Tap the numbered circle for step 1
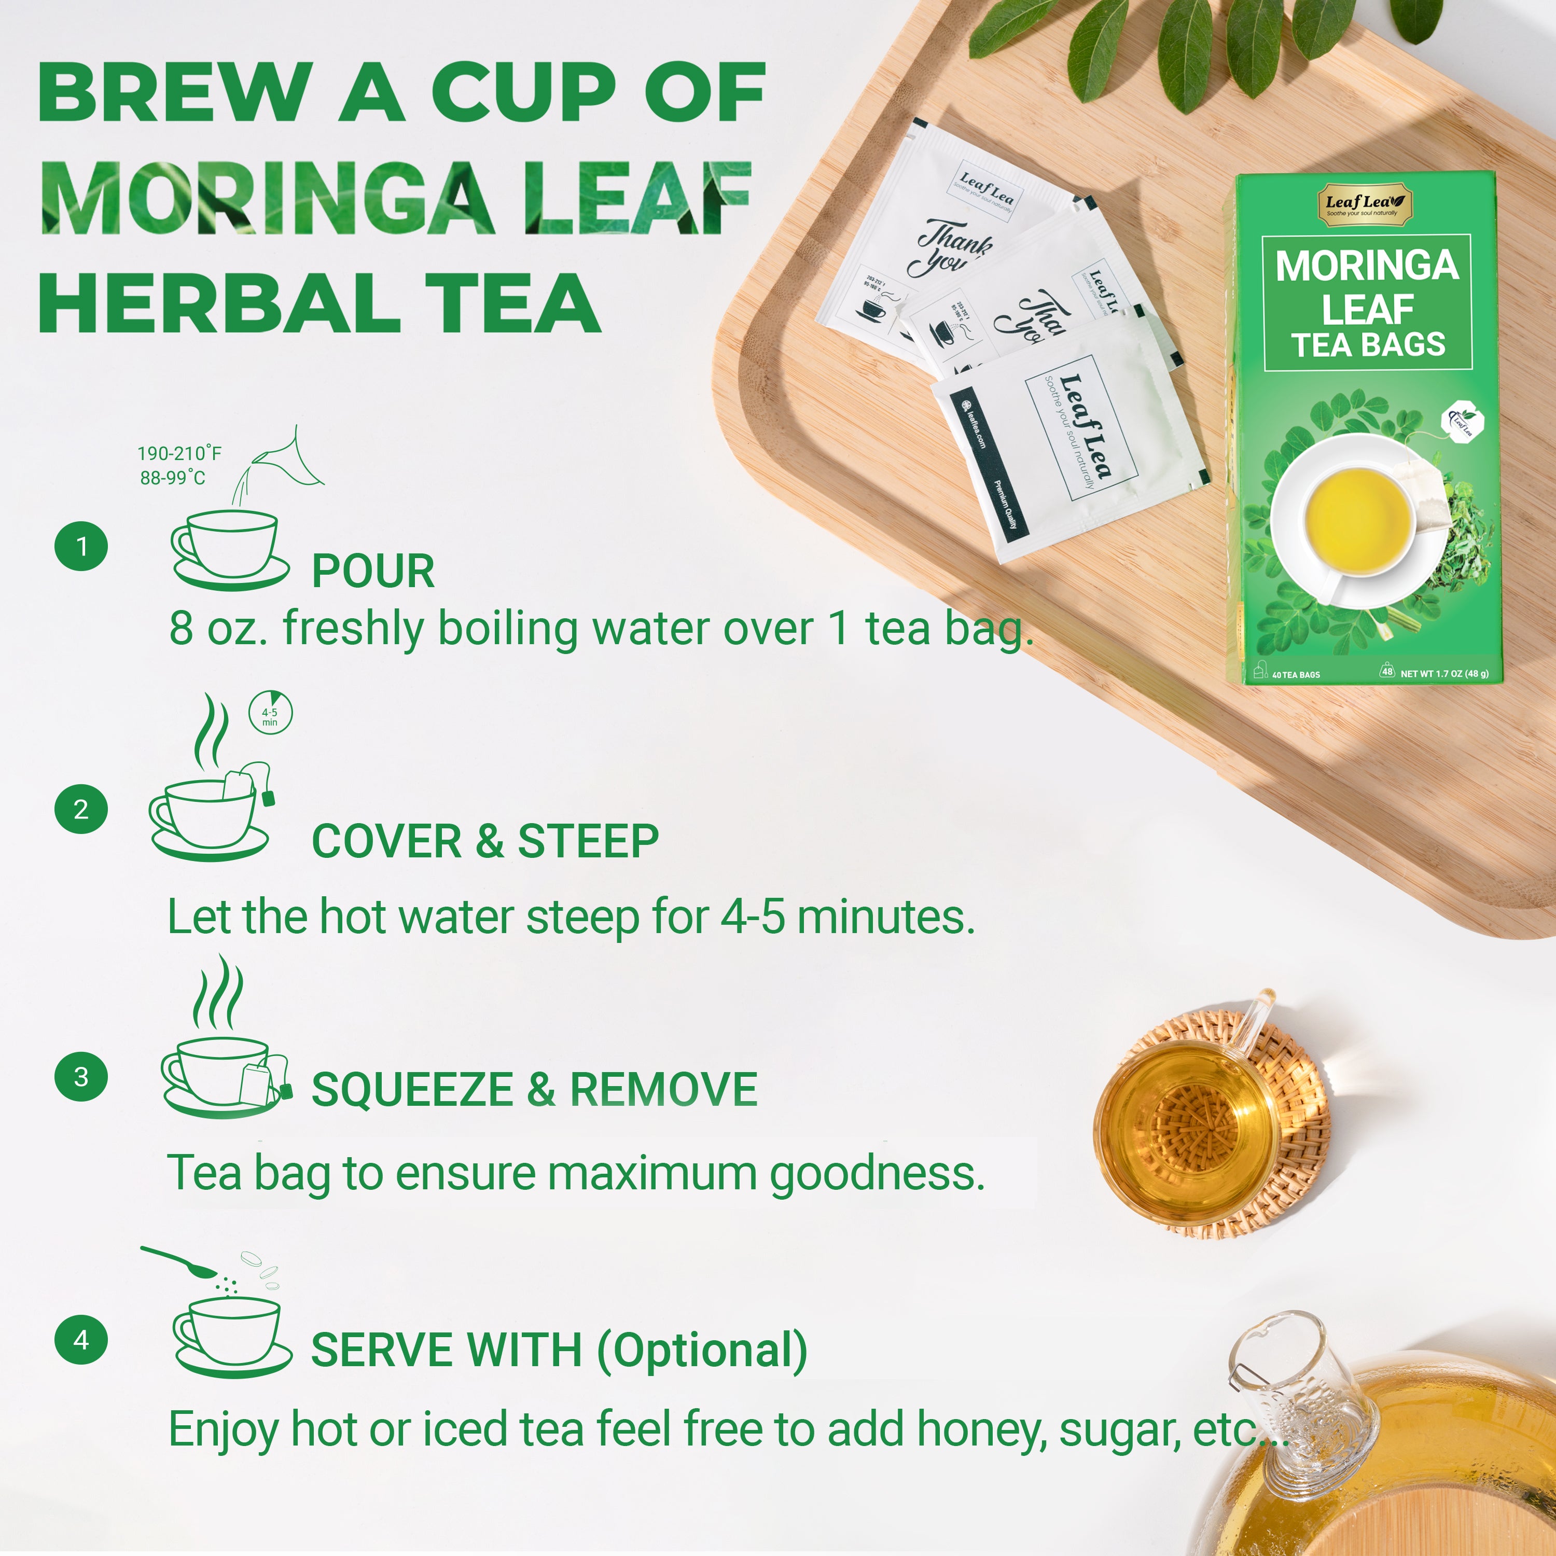[x=80, y=546]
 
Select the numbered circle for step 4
[x=80, y=1339]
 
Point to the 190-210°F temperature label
[x=179, y=453]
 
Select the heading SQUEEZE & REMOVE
[x=534, y=1090]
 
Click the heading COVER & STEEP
[x=485, y=842]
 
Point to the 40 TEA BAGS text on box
[x=1295, y=675]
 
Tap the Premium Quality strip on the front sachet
[x=1005, y=503]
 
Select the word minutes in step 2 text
[x=885, y=918]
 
